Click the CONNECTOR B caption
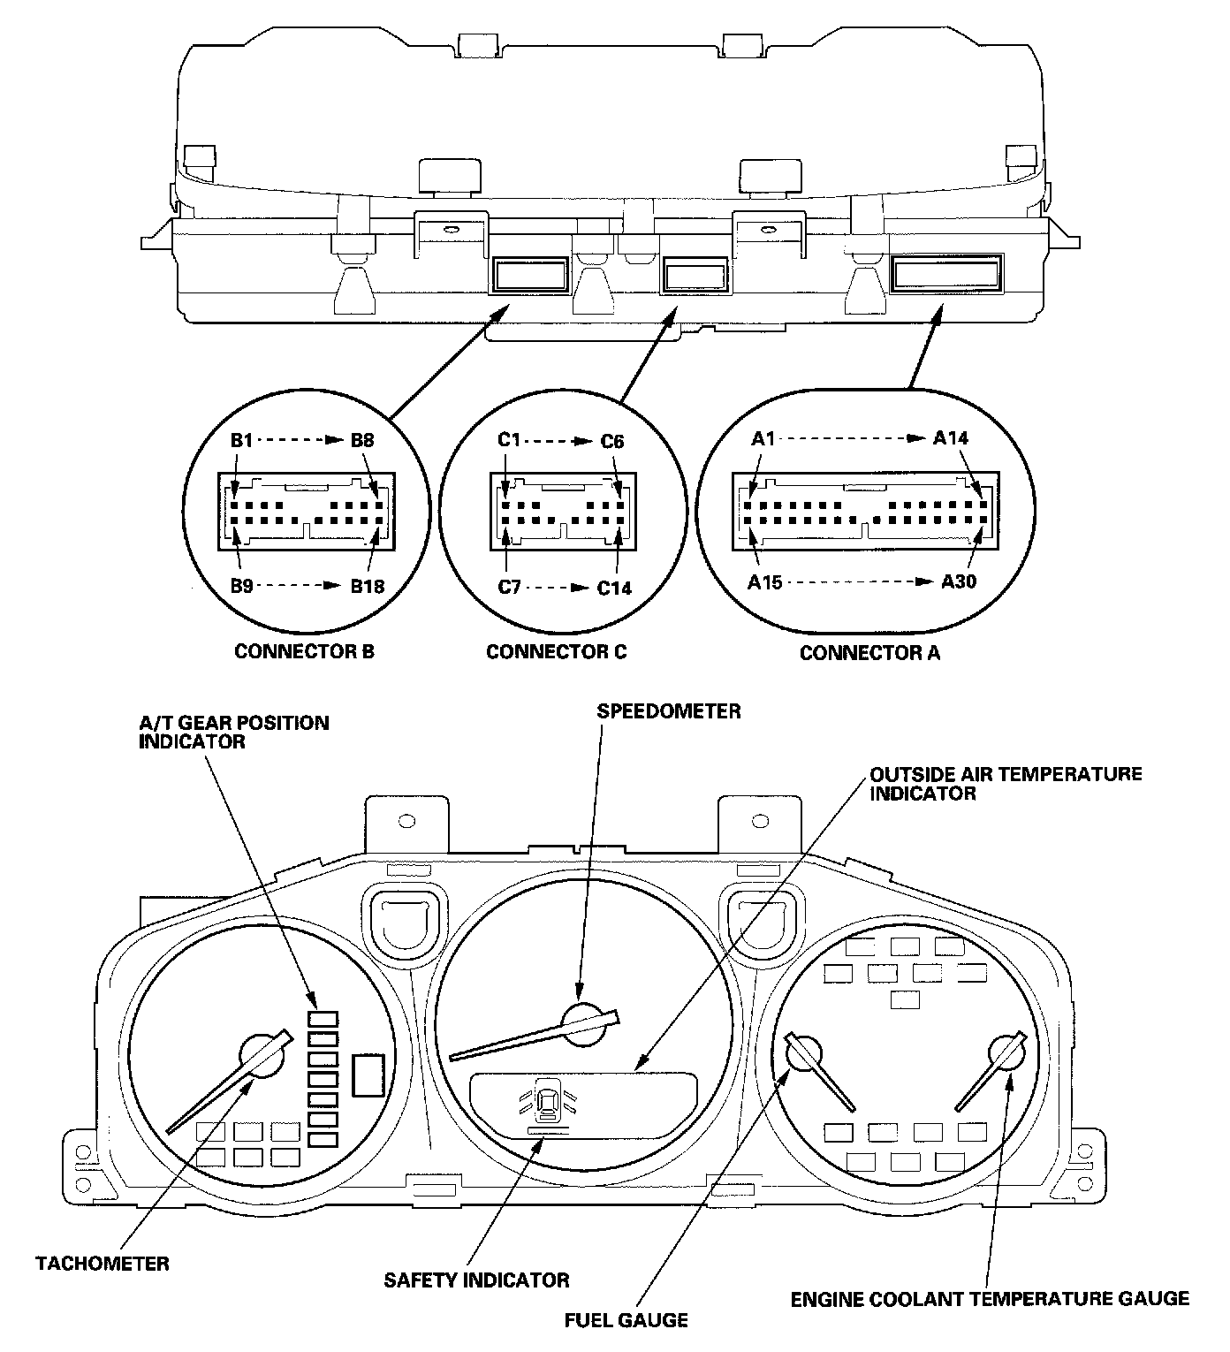click(304, 651)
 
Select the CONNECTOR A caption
click(869, 653)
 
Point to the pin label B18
click(367, 586)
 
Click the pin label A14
click(951, 437)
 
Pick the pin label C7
click(510, 588)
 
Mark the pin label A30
click(959, 581)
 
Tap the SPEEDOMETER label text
click(669, 710)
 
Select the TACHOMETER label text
click(102, 1263)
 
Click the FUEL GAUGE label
click(626, 1320)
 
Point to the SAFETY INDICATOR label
click(476, 1279)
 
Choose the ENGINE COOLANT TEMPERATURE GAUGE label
click(990, 1298)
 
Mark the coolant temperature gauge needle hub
click(1007, 1055)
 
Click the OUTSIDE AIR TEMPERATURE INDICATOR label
click(1006, 784)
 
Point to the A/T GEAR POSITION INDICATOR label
click(233, 732)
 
